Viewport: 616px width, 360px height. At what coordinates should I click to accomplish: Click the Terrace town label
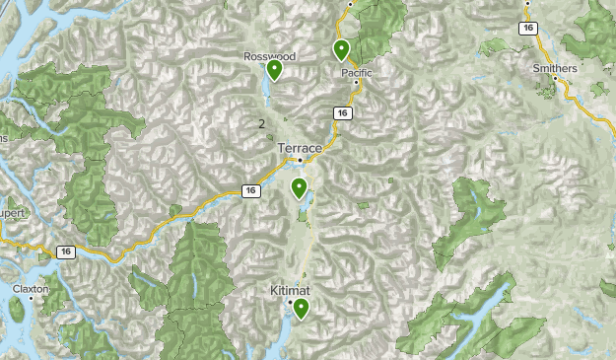coord(300,147)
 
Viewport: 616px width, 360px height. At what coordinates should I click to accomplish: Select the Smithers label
coord(554,69)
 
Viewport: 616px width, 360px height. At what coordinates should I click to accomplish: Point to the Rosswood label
coord(269,56)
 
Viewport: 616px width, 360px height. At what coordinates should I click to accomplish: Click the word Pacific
coord(357,73)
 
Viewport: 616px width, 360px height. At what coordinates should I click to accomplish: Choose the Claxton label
coord(30,289)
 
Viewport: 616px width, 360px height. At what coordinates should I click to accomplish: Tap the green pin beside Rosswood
coord(274,70)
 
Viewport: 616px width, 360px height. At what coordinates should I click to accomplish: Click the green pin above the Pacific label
coord(341,49)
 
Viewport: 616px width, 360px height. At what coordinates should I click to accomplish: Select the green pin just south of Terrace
coord(299,187)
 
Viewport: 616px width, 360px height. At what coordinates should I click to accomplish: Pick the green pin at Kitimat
coord(300,309)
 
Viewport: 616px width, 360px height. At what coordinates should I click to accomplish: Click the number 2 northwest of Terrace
coord(261,123)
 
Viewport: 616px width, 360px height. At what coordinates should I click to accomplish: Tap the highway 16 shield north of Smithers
coord(529,29)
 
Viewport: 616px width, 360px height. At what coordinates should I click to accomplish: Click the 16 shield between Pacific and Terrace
coord(341,113)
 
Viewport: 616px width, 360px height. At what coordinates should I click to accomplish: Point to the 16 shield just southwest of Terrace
coord(251,190)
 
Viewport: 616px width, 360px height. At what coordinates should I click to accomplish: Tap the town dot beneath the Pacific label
coord(356,84)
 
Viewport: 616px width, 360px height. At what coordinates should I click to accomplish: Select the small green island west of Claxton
coord(16,309)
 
